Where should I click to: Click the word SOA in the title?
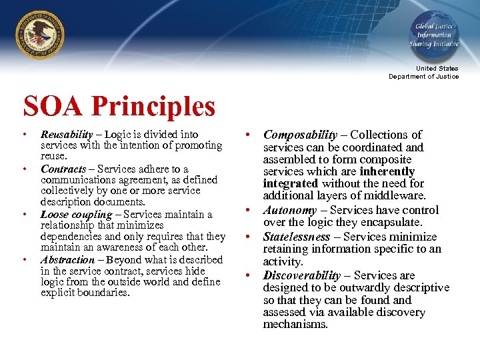point(53,107)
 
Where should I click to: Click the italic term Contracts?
point(63,169)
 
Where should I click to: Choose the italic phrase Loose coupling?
point(76,215)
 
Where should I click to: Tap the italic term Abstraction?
point(67,259)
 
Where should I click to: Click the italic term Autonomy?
point(289,210)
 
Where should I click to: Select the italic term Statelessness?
point(297,237)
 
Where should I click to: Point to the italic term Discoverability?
point(302,275)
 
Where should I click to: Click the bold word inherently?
point(387,171)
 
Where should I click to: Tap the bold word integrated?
point(291,183)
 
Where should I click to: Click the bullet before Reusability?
point(25,135)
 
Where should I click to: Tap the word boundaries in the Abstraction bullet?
point(109,292)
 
